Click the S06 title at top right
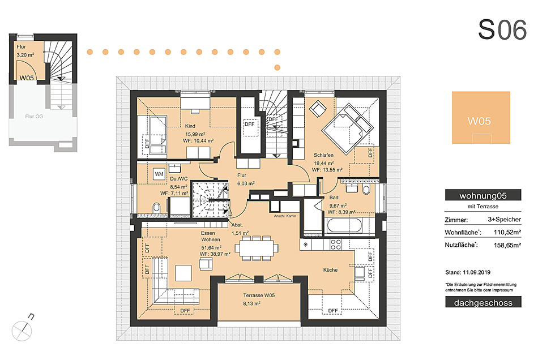[x=502, y=29]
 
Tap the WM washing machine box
[x=159, y=174]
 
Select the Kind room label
[x=190, y=126]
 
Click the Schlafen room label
[x=323, y=155]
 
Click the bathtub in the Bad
[x=344, y=226]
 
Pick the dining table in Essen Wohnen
[x=257, y=247]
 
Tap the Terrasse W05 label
[x=259, y=295]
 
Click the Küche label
[x=330, y=270]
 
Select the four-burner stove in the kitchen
[x=335, y=245]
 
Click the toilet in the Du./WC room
[x=156, y=207]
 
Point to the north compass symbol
[x=22, y=331]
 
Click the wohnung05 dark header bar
[x=483, y=195]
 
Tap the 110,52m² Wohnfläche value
[x=507, y=232]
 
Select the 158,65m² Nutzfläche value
[x=507, y=245]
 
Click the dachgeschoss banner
[x=483, y=302]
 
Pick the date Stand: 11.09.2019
[x=468, y=272]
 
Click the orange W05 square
[x=481, y=118]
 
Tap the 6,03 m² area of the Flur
[x=246, y=183]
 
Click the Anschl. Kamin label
[x=285, y=216]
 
